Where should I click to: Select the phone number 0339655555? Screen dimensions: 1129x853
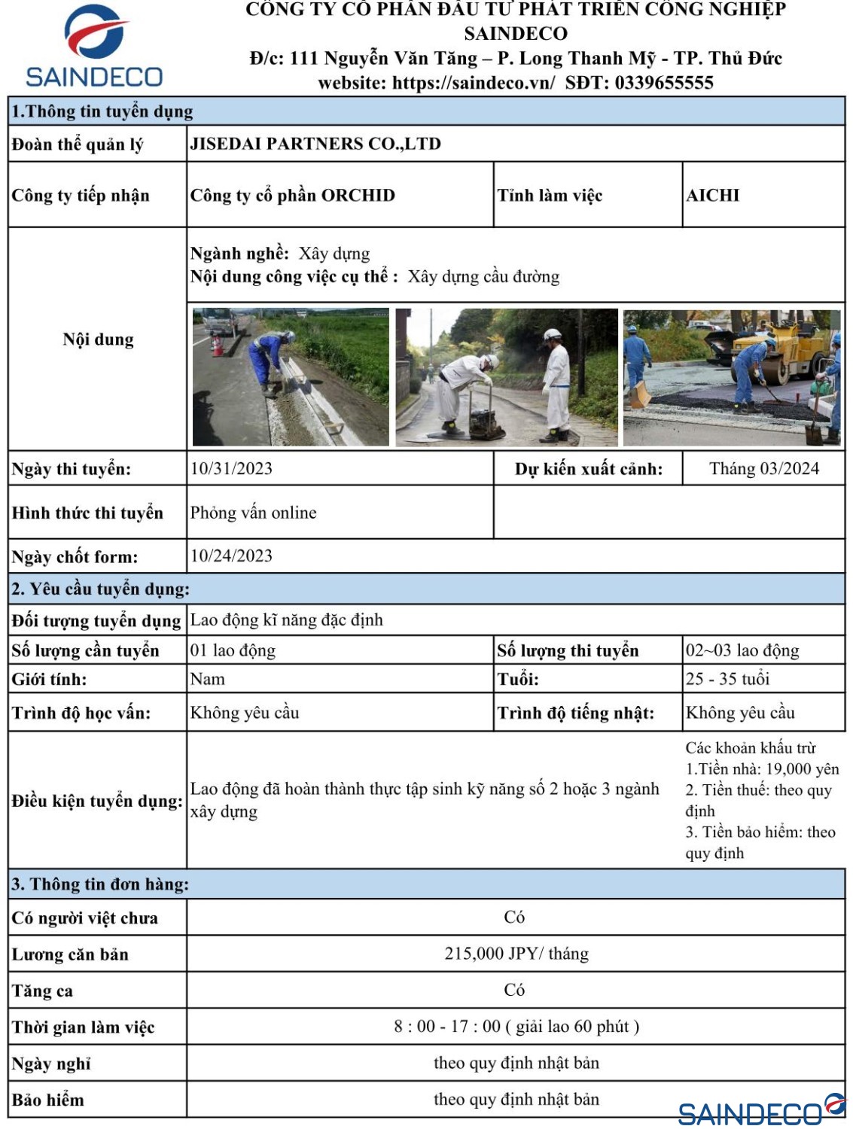(663, 83)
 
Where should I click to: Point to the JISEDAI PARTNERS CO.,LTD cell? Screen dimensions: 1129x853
(315, 144)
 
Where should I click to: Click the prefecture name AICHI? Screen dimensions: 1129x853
(712, 196)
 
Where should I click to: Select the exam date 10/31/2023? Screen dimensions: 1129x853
(231, 469)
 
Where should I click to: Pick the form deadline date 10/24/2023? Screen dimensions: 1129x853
(231, 556)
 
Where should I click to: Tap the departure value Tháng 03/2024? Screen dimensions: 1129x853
(763, 469)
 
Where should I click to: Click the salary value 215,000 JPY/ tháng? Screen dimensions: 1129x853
(516, 954)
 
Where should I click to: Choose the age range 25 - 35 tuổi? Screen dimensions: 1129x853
(727, 679)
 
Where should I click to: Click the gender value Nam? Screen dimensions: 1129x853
(207, 679)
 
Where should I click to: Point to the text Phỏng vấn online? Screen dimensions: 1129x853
(253, 513)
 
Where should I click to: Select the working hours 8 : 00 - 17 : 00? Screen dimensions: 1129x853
(447, 1027)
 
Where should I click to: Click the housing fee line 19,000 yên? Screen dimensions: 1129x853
(762, 769)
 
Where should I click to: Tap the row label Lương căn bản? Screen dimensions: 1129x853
(70, 954)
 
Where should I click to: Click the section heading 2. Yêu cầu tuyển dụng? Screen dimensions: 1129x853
(100, 589)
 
